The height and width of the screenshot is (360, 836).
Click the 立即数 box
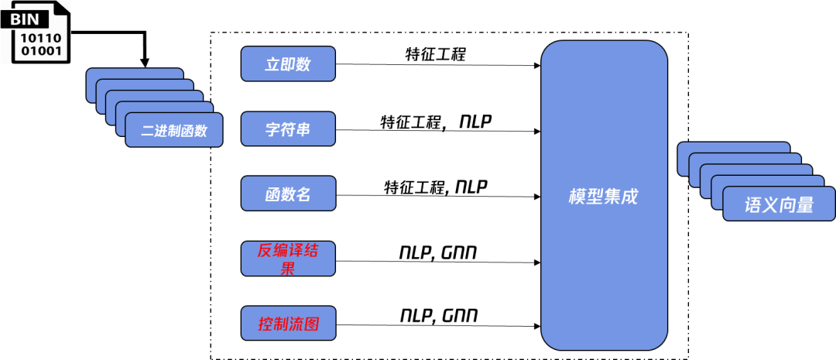tap(288, 64)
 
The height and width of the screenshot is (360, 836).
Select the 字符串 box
tap(288, 129)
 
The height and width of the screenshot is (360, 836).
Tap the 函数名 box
tap(288, 194)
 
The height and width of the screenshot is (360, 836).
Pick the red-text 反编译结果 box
tap(288, 259)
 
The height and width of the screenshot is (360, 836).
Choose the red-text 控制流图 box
tap(288, 324)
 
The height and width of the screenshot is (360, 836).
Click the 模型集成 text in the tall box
tap(603, 196)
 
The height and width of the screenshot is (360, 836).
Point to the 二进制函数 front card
tap(175, 130)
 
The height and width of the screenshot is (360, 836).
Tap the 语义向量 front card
tap(779, 204)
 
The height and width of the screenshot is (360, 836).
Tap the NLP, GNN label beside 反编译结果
tap(438, 252)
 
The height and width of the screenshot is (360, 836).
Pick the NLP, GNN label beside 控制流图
tap(438, 316)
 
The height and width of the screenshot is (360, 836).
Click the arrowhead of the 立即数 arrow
tap(536, 65)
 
